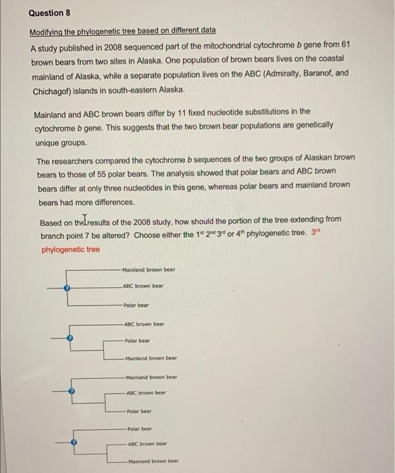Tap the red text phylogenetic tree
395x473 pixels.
point(70,249)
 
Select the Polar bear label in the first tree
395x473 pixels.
point(136,305)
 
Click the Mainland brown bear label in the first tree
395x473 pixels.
point(148,270)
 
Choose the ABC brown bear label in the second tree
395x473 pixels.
point(144,324)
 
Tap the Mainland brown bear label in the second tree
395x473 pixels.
point(151,358)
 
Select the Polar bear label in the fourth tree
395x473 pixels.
point(138,428)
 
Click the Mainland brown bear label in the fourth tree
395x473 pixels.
point(153,461)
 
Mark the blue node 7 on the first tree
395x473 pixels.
point(66,288)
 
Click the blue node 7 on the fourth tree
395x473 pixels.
point(75,443)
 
